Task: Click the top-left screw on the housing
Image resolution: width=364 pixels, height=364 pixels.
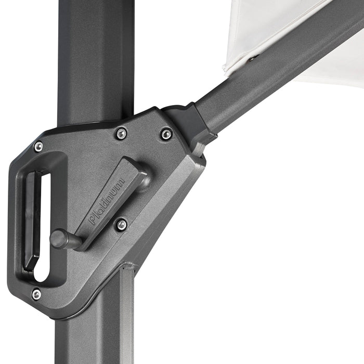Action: coord(38,147)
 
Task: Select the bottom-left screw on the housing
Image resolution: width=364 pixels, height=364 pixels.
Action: coord(36,294)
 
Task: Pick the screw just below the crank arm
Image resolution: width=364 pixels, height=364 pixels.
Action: coord(121,225)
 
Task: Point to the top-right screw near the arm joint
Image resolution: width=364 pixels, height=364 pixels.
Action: coord(166,134)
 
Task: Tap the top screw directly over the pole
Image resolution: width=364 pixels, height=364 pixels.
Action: coord(121,134)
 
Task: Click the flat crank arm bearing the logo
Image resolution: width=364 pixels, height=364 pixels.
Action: coord(112,200)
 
